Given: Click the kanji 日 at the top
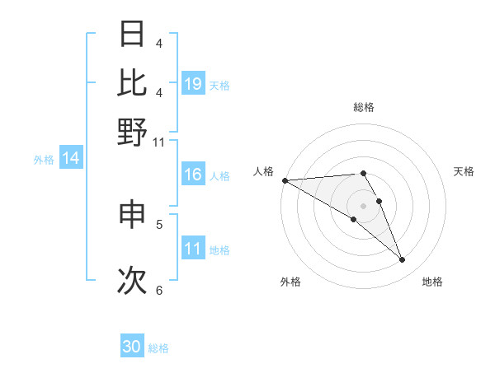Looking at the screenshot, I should coord(132,35).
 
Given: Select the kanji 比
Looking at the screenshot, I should coord(132,83).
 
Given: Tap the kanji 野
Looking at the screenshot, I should coord(132,132).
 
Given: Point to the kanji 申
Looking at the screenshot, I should coord(132,214).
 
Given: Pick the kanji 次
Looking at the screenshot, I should coord(132,280).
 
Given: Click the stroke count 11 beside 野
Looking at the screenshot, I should coord(158,142).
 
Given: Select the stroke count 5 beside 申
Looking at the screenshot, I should coord(159,223).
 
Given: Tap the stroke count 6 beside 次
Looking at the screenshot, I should coord(159,290).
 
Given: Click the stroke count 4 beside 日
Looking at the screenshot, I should coord(159,43).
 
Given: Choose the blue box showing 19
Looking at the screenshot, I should coord(193,84).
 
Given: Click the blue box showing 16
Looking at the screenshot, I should coord(193,175).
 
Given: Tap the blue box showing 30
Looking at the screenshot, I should coord(132,347).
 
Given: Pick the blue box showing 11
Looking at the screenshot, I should coord(193,249).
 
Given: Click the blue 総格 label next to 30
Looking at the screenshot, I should coord(158,348).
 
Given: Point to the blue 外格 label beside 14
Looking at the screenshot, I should coord(44,160).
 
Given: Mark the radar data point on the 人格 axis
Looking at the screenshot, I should coord(285,180).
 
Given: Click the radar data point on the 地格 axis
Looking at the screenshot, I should coord(403,260).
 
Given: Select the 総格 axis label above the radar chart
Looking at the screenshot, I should coord(364,107).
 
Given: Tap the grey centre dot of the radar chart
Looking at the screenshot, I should coord(364,205).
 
